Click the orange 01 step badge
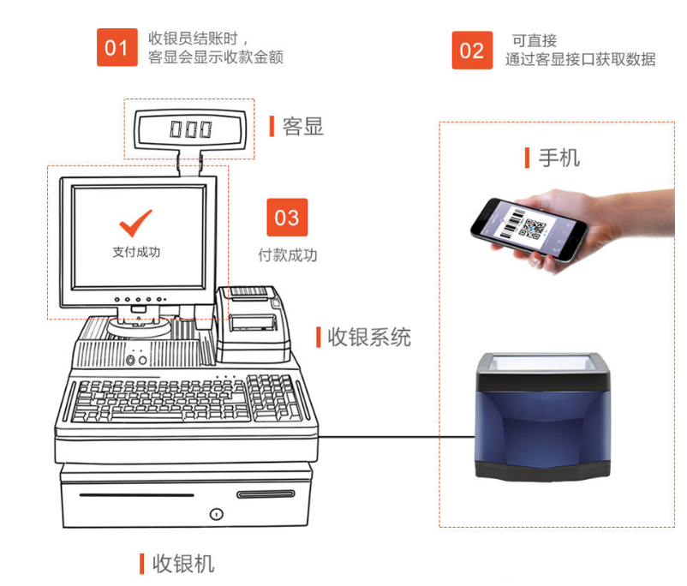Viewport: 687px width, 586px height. tap(116, 47)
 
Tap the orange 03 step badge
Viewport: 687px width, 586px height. tap(287, 218)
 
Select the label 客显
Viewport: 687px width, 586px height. tap(302, 127)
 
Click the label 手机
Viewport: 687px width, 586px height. tap(559, 158)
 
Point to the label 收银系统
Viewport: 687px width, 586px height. tap(368, 337)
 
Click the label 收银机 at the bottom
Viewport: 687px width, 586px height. tap(182, 564)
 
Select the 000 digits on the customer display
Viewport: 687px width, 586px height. tap(189, 129)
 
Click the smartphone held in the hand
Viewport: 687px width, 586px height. tap(528, 227)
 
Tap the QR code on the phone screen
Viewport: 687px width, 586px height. tap(535, 229)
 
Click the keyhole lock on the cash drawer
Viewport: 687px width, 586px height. tap(216, 515)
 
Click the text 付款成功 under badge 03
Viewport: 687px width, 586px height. tap(288, 255)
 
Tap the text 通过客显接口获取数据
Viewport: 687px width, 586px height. tap(580, 59)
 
